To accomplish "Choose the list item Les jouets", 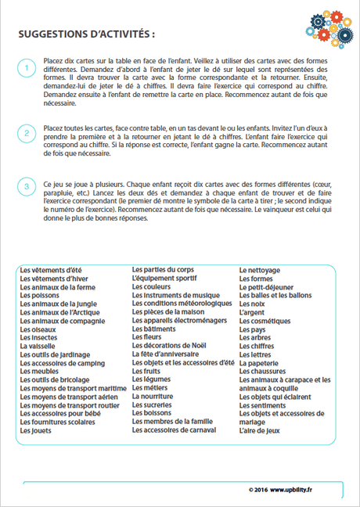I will click(x=34, y=430).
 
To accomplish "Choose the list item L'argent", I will click(x=254, y=313).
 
